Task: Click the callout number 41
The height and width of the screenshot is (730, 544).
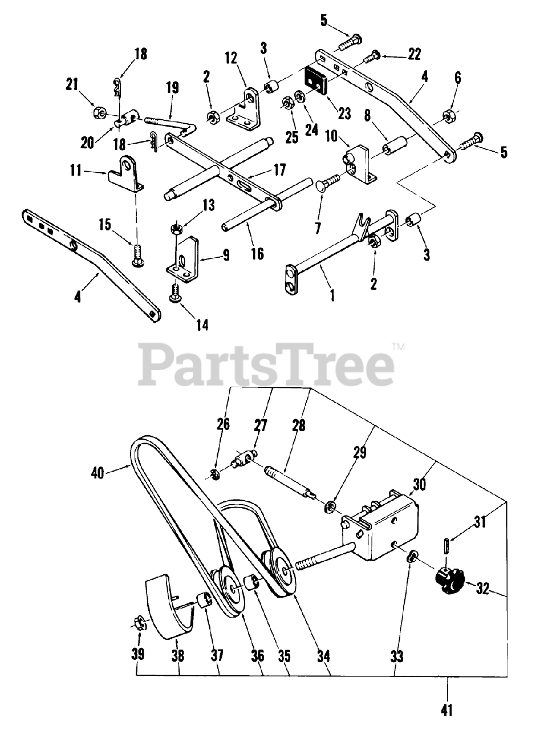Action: click(x=448, y=710)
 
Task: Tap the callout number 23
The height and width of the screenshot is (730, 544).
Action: click(x=344, y=113)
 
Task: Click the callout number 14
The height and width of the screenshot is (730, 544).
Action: click(x=202, y=325)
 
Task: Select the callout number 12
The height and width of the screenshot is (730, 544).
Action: click(x=230, y=58)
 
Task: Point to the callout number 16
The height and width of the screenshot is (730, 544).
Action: click(x=258, y=253)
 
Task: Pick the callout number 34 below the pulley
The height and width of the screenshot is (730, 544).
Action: click(x=324, y=656)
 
